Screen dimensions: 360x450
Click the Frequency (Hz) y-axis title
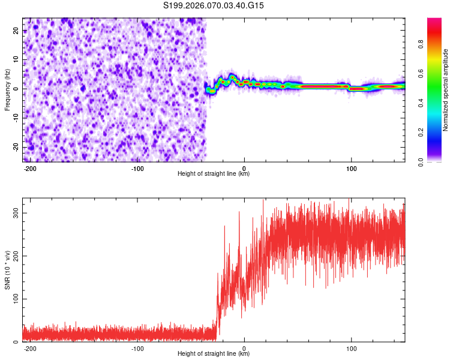tap(7, 89)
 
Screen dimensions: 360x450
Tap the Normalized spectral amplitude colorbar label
tap(446, 91)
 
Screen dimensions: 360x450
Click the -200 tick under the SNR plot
tap(31, 348)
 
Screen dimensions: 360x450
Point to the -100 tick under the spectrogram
tap(137, 168)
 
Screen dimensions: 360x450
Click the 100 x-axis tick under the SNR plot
tap(352, 348)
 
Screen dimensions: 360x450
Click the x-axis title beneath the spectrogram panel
tap(214, 174)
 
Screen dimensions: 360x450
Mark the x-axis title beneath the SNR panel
tap(214, 354)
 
